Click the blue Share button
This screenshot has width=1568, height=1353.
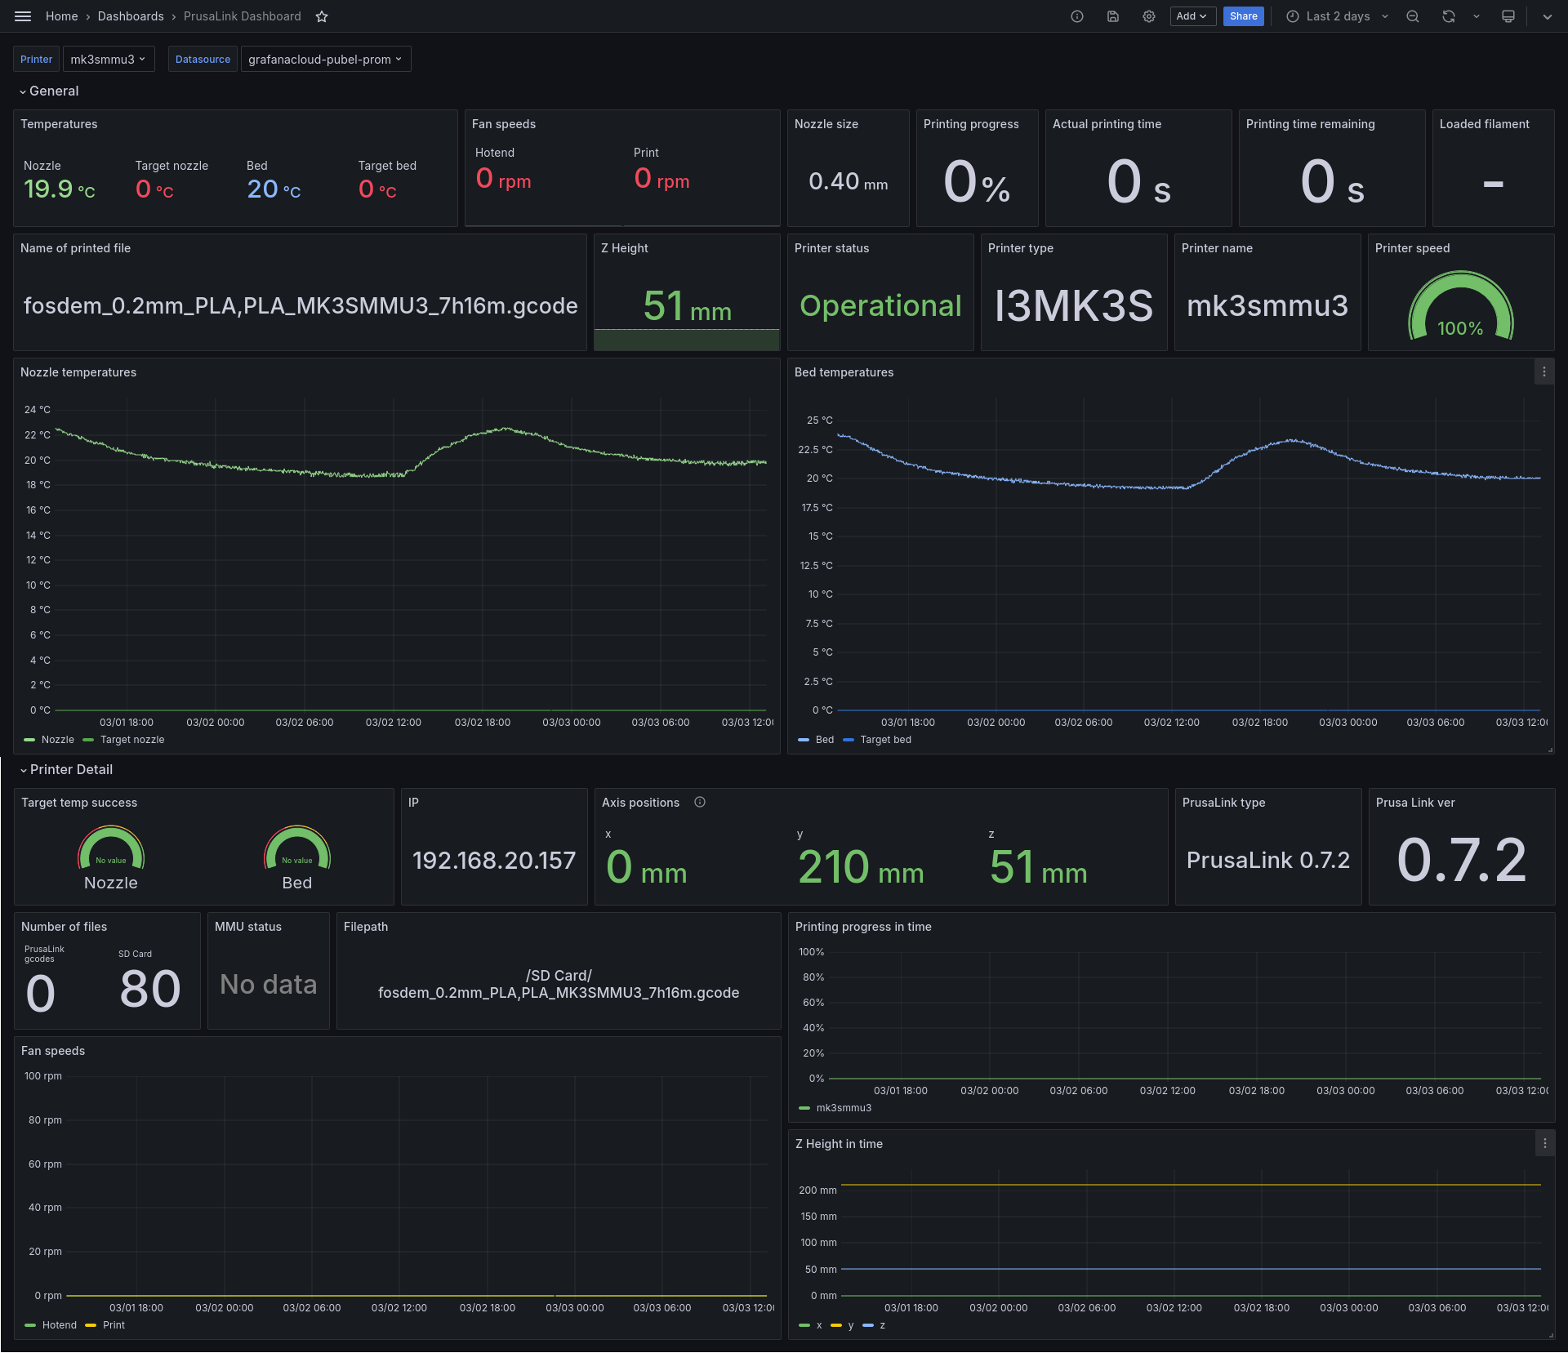coord(1243,16)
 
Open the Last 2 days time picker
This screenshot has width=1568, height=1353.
coord(1337,16)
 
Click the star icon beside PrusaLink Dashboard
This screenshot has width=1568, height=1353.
coord(322,16)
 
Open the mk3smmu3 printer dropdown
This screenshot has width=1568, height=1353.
coord(109,59)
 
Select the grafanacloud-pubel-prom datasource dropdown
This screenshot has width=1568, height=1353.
coord(325,59)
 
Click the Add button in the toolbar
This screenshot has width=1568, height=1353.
coord(1192,16)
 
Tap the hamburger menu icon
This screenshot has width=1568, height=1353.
coord(23,16)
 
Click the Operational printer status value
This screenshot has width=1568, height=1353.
coord(880,305)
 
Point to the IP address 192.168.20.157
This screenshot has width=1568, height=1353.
coord(494,860)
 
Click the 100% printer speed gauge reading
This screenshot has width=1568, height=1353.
coord(1460,328)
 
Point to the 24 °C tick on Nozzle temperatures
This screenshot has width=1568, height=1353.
coord(38,409)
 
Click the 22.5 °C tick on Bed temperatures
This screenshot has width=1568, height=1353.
coord(815,449)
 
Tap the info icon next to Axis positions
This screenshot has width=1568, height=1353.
coord(700,802)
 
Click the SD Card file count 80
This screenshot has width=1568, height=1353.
coord(150,989)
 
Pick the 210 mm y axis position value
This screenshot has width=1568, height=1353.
coord(861,867)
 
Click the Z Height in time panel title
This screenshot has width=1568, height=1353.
coord(839,1144)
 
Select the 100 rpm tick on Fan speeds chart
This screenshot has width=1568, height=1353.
coord(43,1076)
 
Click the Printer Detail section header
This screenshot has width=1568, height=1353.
coord(71,769)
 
